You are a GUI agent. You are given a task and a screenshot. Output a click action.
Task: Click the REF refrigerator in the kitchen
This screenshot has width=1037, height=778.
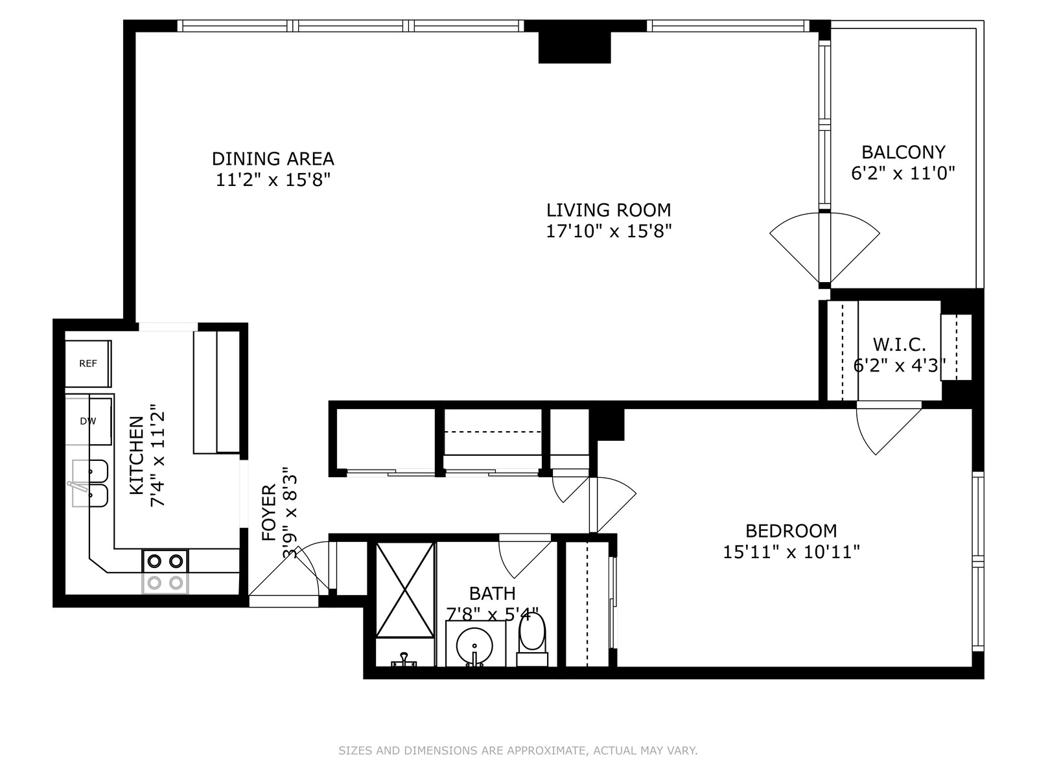click(x=88, y=363)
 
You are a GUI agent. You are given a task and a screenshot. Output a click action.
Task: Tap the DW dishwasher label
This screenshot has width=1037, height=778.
click(x=88, y=421)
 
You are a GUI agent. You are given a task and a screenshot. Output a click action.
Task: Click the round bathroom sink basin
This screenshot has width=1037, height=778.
click(x=475, y=646)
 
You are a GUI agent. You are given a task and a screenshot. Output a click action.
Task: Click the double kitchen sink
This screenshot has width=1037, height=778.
click(x=90, y=483)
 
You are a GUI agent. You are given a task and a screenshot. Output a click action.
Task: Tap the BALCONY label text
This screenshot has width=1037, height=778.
click(x=903, y=152)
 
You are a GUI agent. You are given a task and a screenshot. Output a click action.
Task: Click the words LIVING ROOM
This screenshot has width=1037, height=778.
click(x=609, y=209)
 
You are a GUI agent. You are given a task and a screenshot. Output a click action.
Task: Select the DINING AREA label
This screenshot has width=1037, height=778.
click(x=273, y=159)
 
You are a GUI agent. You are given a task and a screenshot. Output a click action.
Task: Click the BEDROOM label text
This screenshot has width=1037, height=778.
click(x=791, y=531)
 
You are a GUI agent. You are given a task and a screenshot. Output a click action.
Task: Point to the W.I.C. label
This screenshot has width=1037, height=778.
click(x=899, y=344)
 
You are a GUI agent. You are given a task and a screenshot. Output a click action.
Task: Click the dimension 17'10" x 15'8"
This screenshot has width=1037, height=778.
click(x=609, y=231)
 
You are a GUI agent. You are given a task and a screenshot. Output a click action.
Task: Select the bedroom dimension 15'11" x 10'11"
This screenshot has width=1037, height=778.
click(x=791, y=552)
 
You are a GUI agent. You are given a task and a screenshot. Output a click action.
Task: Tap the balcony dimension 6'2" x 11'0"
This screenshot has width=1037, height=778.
click(x=903, y=173)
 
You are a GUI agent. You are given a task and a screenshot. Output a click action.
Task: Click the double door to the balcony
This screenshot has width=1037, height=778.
click(x=824, y=249)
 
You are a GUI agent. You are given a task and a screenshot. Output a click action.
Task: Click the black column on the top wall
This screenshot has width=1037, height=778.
click(x=574, y=47)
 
